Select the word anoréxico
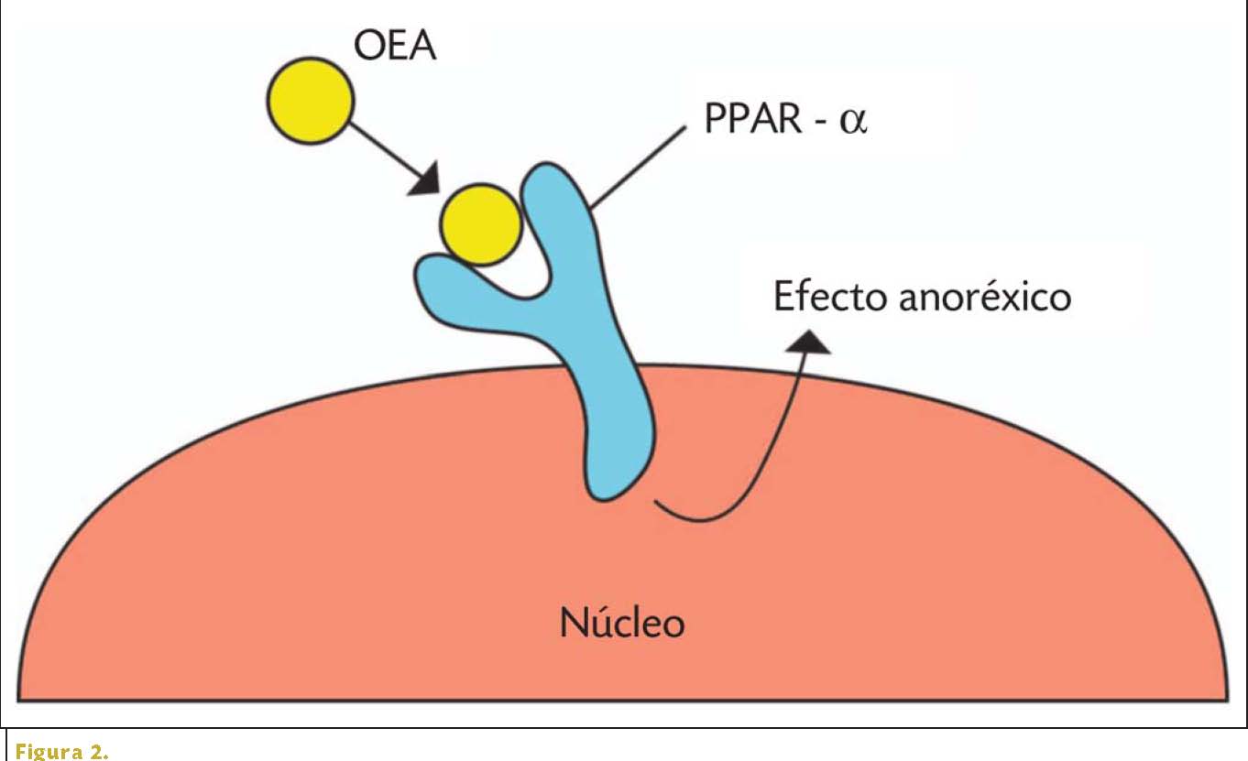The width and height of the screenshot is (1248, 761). tap(983, 297)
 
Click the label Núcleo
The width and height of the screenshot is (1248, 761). tap(622, 624)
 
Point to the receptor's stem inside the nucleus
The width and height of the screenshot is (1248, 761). tap(619, 440)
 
